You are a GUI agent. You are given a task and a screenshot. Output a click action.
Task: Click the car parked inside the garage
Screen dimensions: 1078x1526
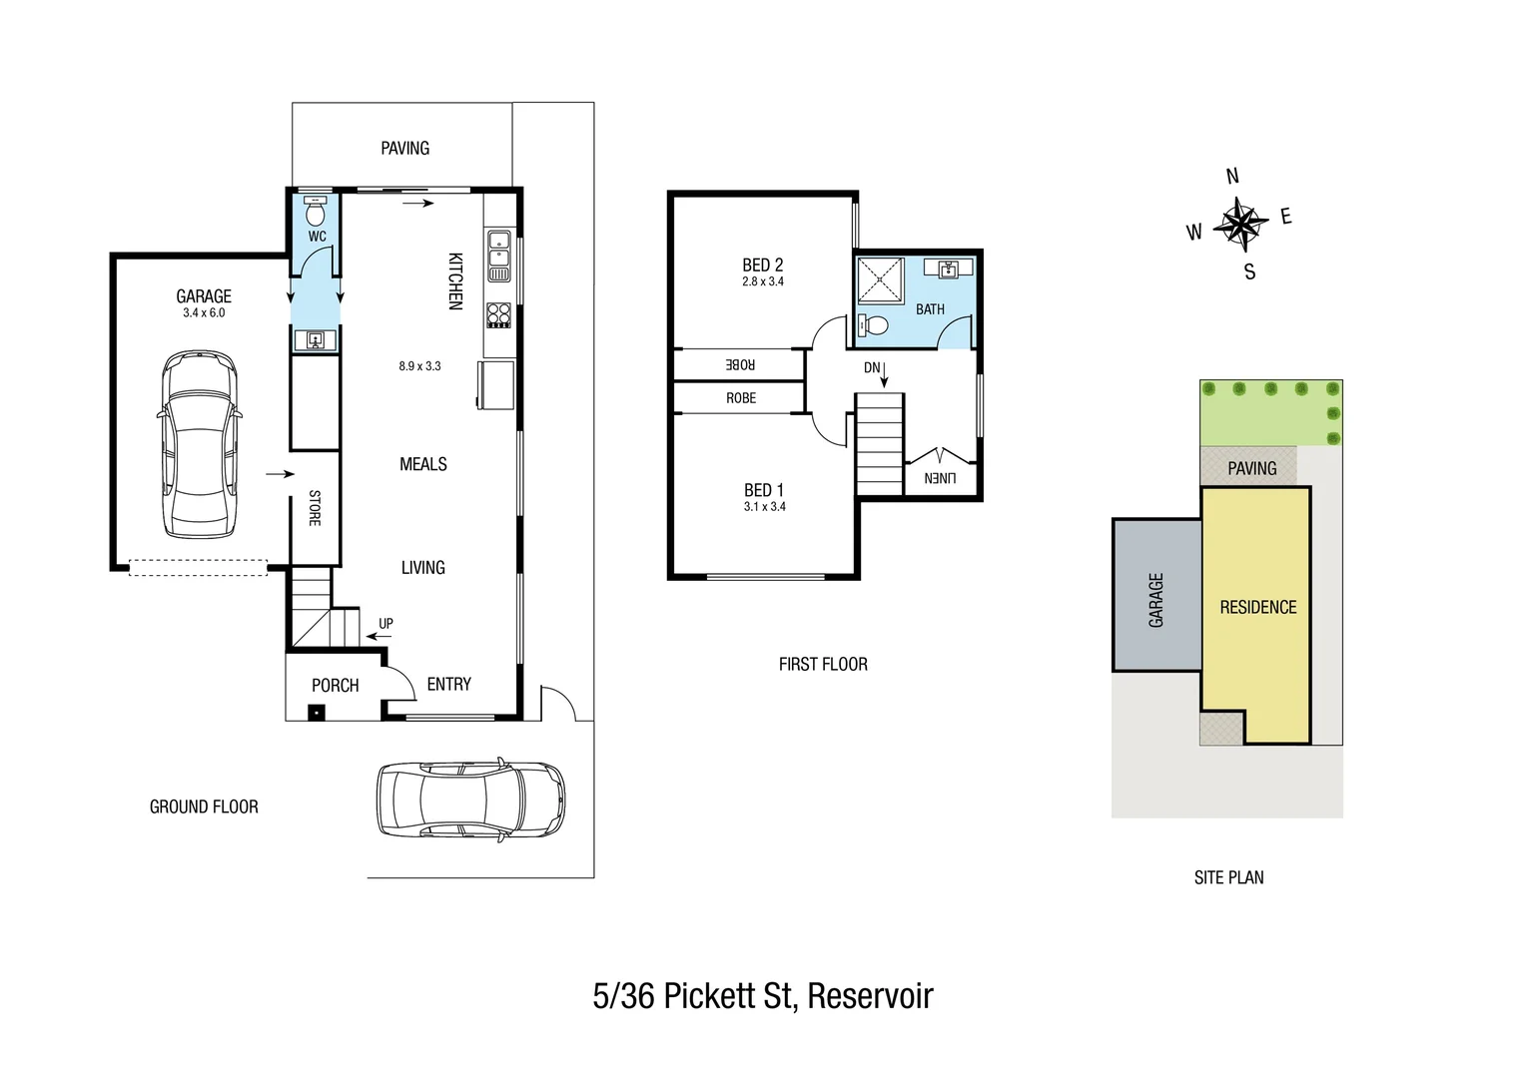pos(201,444)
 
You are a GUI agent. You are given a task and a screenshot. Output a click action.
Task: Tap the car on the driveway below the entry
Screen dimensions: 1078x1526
pos(469,801)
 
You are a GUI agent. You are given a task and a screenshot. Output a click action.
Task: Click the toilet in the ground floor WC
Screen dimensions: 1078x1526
pos(316,213)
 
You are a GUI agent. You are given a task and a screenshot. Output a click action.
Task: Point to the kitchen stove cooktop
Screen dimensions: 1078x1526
pos(498,315)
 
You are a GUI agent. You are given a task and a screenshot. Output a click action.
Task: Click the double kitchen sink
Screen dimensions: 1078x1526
pos(498,256)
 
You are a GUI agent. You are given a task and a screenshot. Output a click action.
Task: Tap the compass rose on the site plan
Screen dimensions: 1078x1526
pos(1239,224)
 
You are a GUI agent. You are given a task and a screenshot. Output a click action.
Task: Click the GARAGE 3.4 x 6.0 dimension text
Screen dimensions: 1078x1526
pos(204,312)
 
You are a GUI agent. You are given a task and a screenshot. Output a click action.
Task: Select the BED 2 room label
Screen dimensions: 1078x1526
pos(762,265)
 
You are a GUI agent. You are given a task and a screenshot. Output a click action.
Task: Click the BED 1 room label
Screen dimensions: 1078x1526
pos(764,490)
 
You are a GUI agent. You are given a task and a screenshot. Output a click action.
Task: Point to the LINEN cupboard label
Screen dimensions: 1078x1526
pos(940,478)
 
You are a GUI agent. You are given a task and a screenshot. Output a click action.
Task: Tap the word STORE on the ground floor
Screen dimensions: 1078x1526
pos(315,508)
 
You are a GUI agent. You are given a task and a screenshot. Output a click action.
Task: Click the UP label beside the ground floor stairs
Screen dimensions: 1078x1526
pos(385,624)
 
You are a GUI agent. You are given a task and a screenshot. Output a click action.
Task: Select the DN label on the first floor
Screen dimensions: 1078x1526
pos(872,367)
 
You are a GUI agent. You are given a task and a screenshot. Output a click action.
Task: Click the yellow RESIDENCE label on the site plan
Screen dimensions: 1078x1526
pos(1257,607)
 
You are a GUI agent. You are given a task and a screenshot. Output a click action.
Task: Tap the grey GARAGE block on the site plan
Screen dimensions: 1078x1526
pos(1156,599)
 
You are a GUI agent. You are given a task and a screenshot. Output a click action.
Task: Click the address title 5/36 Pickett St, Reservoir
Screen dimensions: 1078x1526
pos(763,996)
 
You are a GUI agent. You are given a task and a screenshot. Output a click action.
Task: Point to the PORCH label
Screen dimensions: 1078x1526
pos(335,686)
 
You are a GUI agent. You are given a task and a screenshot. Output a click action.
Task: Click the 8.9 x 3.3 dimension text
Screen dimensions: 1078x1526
pos(419,366)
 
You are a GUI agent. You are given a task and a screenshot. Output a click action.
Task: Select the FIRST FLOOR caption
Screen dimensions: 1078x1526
pos(823,664)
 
